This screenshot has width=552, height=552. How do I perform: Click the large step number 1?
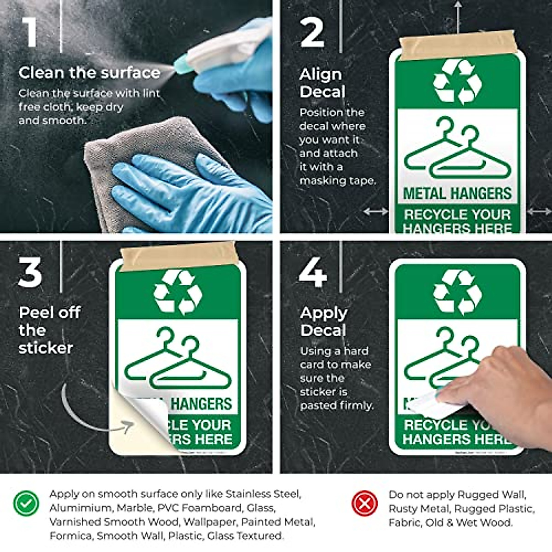click(x=30, y=32)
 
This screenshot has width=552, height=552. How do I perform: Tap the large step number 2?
click(x=312, y=32)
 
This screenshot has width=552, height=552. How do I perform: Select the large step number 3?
click(x=30, y=272)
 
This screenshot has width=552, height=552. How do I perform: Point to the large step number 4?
click(x=313, y=272)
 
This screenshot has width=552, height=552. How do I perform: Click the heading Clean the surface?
click(x=89, y=73)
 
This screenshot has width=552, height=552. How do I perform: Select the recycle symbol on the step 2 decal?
click(x=457, y=81)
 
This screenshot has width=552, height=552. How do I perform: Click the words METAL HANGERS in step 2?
click(x=457, y=193)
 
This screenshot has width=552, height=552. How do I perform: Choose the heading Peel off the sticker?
click(x=48, y=330)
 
